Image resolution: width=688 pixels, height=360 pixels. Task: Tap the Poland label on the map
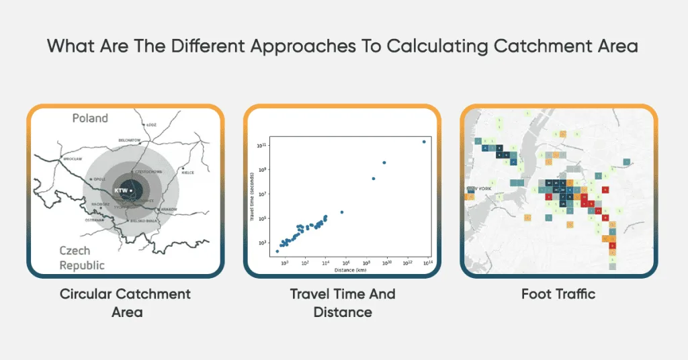[x=89, y=118]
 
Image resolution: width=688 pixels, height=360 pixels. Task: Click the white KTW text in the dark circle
[x=121, y=190]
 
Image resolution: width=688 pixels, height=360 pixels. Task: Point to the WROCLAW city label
[x=73, y=159]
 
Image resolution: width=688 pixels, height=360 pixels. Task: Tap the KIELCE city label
[x=187, y=173]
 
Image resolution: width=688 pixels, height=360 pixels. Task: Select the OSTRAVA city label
[x=93, y=220]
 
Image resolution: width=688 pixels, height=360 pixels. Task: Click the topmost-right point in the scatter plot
[x=424, y=141]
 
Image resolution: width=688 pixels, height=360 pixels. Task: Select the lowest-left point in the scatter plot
[x=277, y=251]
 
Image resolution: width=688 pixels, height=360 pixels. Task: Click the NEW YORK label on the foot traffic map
[x=479, y=189]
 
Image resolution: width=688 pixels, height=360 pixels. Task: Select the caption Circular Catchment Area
[x=125, y=303]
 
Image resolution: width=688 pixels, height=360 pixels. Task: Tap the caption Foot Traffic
[x=558, y=294]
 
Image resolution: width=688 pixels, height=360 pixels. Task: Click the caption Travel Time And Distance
[x=343, y=303]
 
